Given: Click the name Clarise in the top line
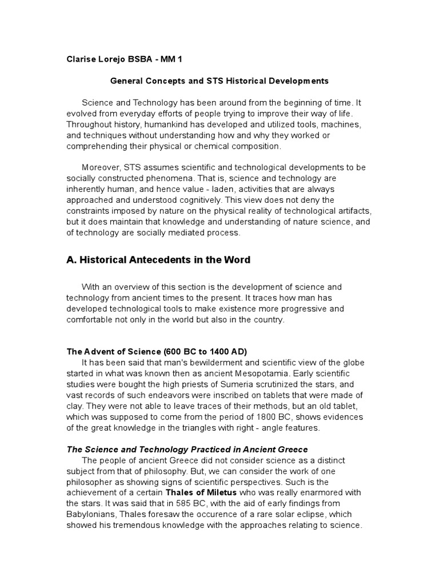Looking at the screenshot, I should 81,59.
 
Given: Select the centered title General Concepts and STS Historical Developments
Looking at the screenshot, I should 219,81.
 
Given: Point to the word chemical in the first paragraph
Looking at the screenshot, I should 211,146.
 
